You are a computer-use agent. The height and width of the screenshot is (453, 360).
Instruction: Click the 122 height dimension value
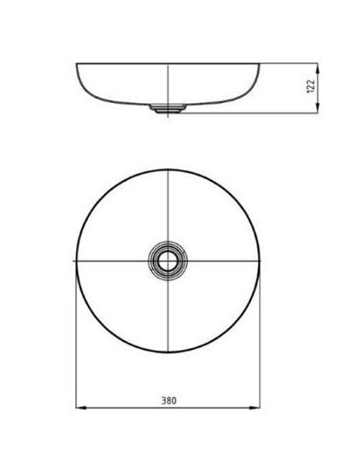click(x=310, y=87)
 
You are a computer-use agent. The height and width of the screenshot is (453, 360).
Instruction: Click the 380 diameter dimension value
click(x=169, y=400)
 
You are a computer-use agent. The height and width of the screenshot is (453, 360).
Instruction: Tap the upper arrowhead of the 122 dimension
click(x=318, y=68)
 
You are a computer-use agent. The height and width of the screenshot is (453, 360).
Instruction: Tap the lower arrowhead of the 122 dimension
click(x=318, y=108)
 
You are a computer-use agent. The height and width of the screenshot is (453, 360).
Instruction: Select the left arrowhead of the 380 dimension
click(x=81, y=407)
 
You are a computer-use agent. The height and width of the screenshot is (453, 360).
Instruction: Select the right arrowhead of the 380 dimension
click(x=255, y=407)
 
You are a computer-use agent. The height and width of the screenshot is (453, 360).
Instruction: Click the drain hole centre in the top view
click(x=168, y=261)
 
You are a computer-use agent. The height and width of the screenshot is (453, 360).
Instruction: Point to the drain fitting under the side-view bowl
click(x=168, y=109)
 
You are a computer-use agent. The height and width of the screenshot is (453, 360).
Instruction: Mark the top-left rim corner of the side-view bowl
click(x=76, y=63)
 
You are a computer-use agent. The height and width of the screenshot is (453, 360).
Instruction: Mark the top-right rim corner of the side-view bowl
click(x=259, y=63)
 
